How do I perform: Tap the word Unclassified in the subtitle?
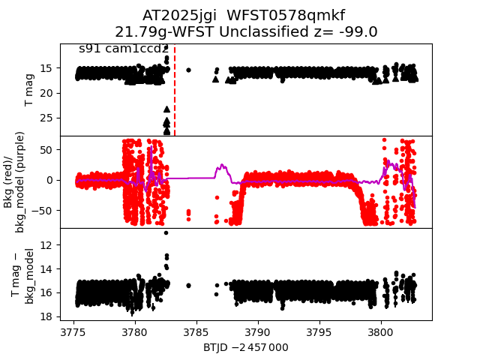pos(273,31)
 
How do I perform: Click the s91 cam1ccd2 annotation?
pos(124,49)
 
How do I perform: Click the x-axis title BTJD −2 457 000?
pos(245,347)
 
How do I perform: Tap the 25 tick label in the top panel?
pos(46,118)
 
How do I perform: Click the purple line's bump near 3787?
pos(222,166)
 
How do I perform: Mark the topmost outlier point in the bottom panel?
pos(166,232)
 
